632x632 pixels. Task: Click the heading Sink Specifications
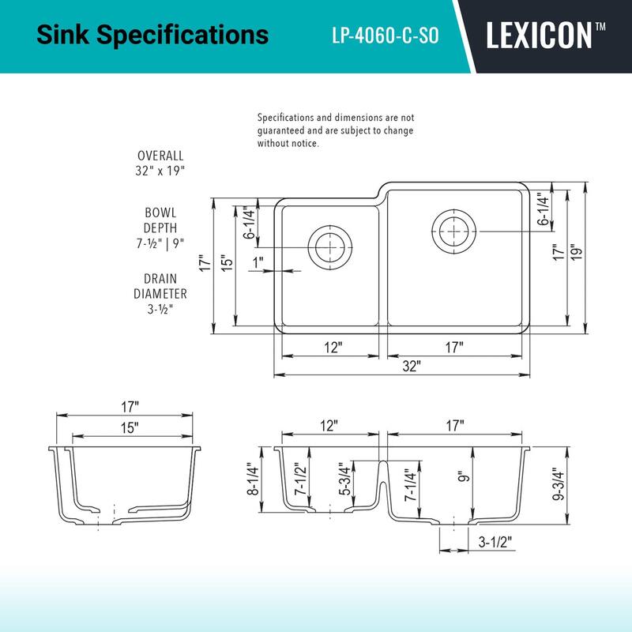[x=152, y=36]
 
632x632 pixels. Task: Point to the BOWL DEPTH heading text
[x=160, y=220]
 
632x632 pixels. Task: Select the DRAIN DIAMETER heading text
[x=160, y=286]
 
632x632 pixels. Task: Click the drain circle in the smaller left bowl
[x=330, y=245]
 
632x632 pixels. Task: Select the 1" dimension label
[x=259, y=261]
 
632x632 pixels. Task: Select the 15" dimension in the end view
[x=130, y=427]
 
